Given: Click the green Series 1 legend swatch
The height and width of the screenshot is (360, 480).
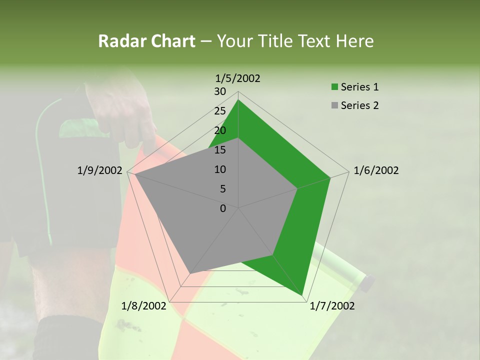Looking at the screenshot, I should point(334,87).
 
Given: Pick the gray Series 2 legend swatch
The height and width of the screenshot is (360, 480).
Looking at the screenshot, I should point(334,105).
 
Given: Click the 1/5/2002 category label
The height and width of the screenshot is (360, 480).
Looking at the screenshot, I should point(237,78).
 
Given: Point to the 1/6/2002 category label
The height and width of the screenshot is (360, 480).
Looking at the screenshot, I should point(376,170).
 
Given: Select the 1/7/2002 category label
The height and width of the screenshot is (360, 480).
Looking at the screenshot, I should point(332,306).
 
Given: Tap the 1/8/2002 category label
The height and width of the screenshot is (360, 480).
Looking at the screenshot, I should point(143,306).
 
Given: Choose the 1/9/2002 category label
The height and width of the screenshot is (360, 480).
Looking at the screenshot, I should point(99,170).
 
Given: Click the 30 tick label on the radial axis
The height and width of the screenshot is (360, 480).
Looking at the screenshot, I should point(220,91).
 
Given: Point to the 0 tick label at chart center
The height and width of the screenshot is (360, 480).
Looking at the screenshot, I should point(223,208).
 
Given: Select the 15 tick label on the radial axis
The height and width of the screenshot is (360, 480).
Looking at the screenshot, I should point(220,150).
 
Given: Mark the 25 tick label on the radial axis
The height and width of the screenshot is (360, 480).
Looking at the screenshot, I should point(220,111).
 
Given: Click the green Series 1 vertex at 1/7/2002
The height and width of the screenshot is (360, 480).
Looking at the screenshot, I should point(302,295).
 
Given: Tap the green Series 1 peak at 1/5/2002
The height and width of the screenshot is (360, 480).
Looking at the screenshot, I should point(238,99).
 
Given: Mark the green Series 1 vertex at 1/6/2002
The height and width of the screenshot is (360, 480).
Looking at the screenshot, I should point(330,177).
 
